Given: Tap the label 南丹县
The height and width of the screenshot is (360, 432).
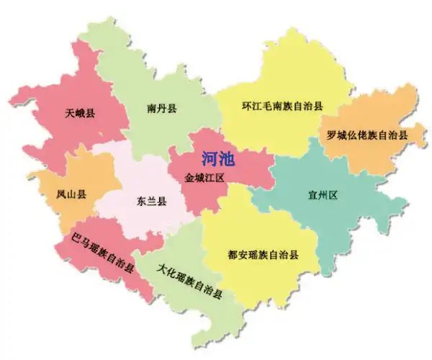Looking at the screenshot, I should [x=162, y=109].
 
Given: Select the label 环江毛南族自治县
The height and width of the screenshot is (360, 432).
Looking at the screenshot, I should [x=282, y=105].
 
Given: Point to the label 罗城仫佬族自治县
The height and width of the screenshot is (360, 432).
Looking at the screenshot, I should [x=366, y=135].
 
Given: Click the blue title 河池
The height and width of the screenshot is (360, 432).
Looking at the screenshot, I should [x=219, y=158].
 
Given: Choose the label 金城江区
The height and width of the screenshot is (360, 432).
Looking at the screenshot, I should [x=205, y=176].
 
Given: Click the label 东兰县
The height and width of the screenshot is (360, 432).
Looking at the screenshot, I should [x=152, y=202].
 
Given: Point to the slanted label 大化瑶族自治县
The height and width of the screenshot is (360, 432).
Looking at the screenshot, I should [x=189, y=281].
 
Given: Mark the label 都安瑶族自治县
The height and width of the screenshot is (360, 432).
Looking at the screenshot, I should [x=263, y=255].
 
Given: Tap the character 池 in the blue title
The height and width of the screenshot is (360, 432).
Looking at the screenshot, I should [x=229, y=158].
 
